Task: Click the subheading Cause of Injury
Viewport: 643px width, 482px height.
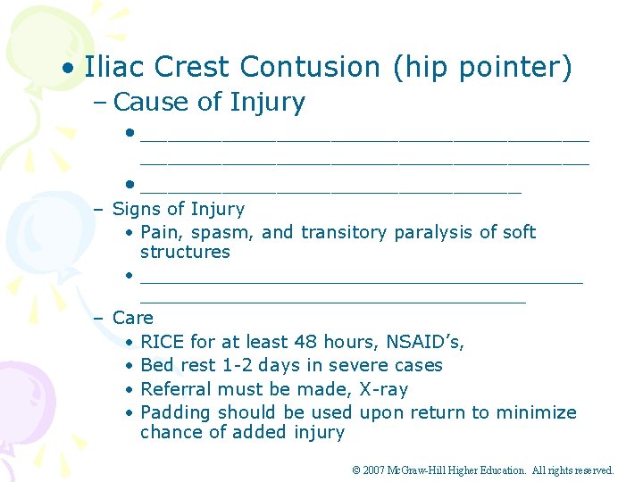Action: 209,103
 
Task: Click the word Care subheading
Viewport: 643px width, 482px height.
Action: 133,318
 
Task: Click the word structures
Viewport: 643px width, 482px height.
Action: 185,253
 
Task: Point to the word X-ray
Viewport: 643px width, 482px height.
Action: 383,389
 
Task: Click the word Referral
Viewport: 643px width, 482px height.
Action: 174,389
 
